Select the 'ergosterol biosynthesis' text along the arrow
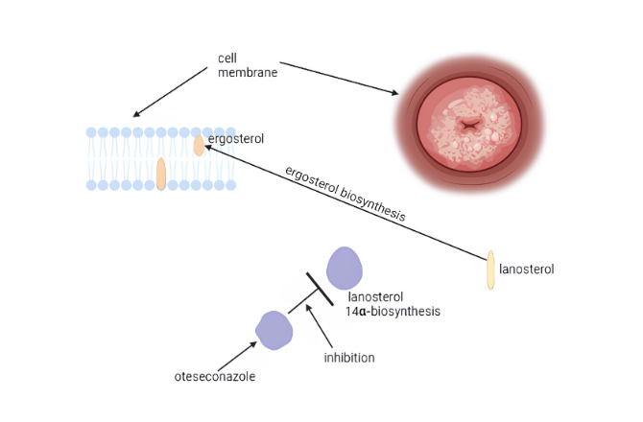345,196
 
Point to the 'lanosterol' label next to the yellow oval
527,270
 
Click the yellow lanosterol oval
490,270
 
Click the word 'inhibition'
349,358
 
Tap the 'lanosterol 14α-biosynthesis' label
381,305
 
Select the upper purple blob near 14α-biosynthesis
345,269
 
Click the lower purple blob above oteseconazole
274,330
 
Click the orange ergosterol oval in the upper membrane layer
199,146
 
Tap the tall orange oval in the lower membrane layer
161,174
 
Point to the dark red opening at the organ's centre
470,125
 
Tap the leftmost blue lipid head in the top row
91,132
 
